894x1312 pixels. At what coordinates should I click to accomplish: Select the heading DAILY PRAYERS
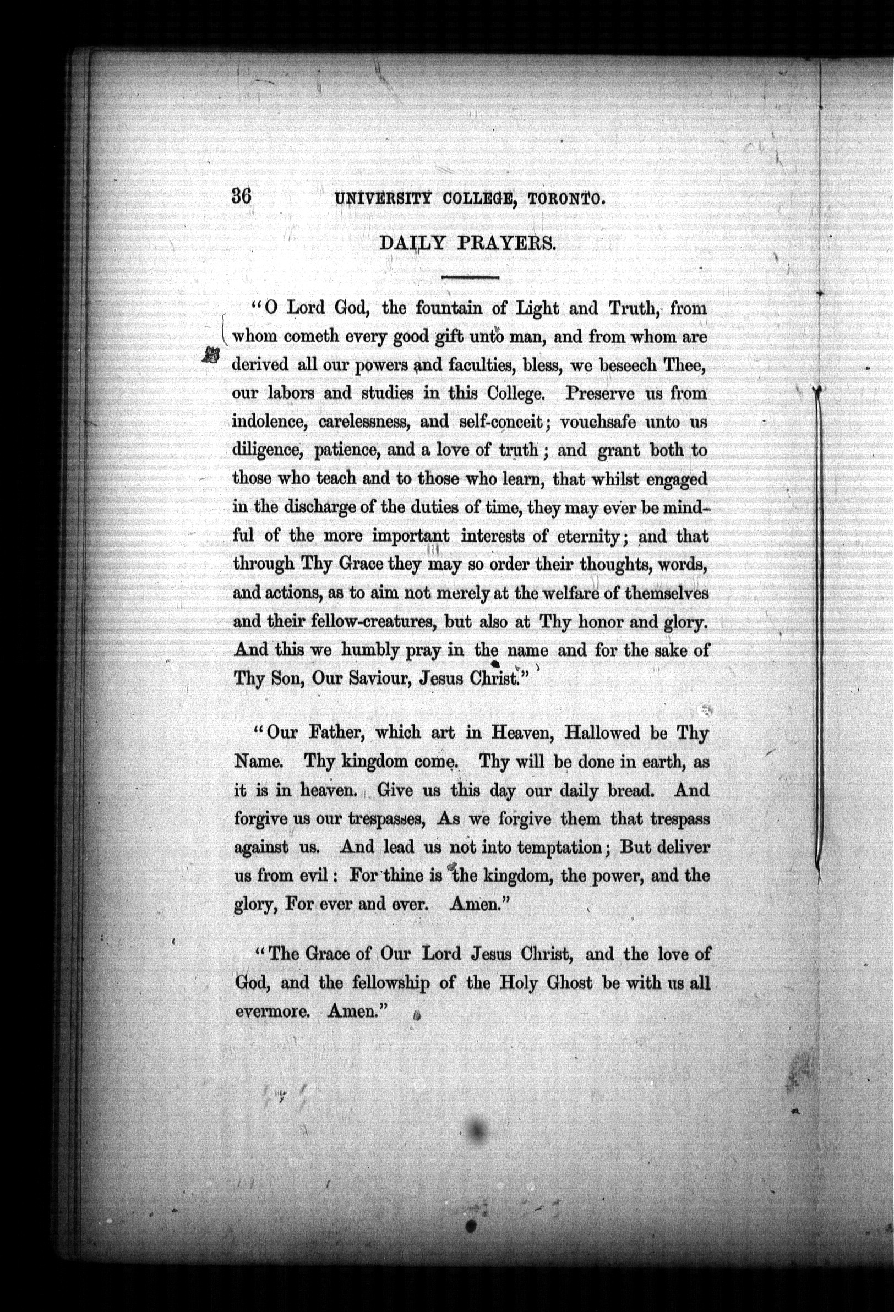[x=468, y=243]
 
